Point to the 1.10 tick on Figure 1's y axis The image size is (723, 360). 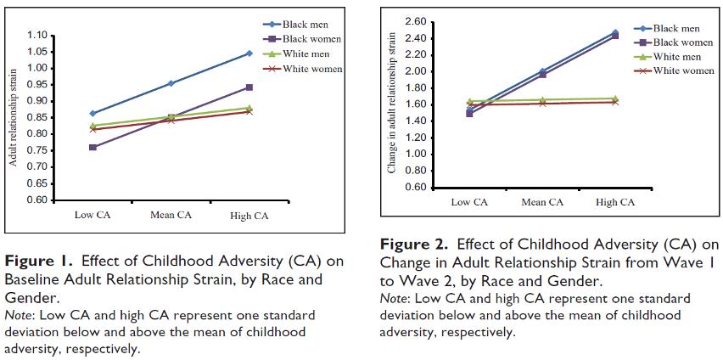click(39, 36)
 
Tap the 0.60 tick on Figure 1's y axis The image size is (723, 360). click(39, 200)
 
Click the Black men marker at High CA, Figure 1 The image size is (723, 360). click(249, 53)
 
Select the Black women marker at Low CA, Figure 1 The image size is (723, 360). click(92, 147)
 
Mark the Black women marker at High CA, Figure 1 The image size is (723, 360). click(249, 87)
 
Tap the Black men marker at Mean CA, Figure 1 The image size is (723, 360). click(171, 83)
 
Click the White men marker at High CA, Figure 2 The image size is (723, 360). click(614, 98)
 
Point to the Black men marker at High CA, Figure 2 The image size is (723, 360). click(614, 32)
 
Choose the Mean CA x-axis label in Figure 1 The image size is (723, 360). click(171, 215)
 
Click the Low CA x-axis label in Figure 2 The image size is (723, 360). click(469, 202)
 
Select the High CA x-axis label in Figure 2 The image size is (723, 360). click(614, 202)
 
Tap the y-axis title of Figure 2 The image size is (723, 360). click(392, 104)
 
